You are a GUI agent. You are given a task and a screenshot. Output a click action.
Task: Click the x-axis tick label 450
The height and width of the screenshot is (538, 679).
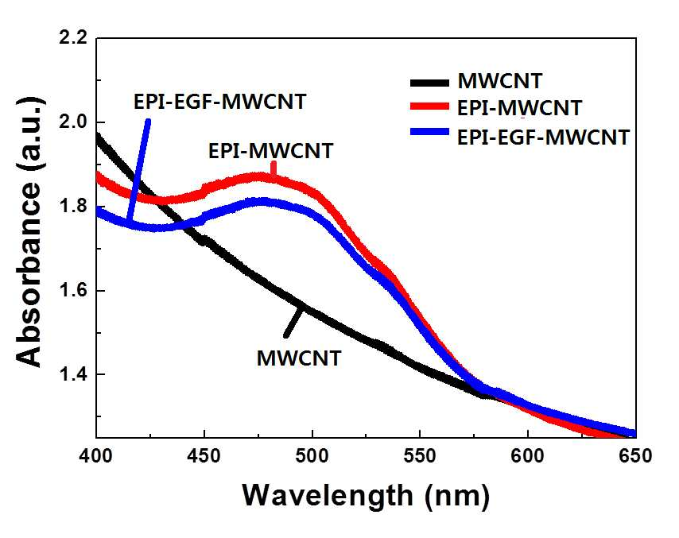[204, 456]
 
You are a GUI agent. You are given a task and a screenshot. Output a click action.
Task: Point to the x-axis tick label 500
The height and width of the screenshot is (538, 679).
[312, 456]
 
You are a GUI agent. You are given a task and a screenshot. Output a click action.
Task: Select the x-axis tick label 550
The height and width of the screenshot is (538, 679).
[420, 456]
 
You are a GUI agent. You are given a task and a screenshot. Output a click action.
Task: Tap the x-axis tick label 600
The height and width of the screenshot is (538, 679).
[528, 456]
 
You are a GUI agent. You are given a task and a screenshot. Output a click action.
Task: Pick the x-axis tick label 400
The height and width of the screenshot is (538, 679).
[95, 456]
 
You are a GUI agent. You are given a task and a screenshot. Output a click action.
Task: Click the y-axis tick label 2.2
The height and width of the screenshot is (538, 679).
[73, 38]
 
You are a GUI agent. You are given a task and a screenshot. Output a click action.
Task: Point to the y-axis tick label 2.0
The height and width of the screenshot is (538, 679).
[73, 122]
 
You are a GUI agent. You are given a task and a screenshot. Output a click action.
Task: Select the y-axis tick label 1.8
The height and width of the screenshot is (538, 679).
[73, 207]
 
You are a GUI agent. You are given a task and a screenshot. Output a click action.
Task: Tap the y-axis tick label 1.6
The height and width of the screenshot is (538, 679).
[73, 290]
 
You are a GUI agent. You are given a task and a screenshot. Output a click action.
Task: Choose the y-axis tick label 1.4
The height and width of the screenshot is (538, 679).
[73, 374]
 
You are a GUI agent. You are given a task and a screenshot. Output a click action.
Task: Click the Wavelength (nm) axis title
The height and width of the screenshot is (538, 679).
[366, 496]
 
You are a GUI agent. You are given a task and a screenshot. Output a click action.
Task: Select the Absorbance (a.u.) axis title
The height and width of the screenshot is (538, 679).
[29, 231]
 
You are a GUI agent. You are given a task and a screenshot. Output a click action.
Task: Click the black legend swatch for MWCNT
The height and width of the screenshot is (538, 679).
[429, 83]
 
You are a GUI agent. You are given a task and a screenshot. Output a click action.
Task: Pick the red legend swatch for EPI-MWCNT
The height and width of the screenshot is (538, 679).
[429, 106]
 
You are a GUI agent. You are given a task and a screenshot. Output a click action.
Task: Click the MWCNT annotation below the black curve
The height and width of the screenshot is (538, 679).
[299, 358]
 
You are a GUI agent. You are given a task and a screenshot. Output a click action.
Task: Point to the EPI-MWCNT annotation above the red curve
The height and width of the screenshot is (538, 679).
[270, 151]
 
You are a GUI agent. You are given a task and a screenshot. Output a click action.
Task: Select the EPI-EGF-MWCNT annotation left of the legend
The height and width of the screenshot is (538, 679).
[219, 102]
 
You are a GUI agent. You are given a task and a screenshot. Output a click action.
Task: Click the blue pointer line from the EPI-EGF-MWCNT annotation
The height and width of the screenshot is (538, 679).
[138, 170]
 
